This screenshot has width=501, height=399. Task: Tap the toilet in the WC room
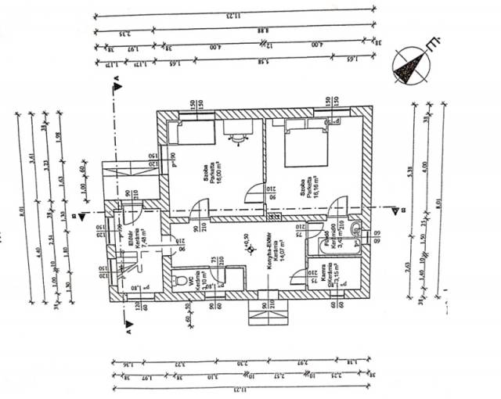coord(182,279)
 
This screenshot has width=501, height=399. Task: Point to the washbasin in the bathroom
coord(355,230)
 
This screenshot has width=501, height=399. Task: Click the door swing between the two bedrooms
coord(254,192)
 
